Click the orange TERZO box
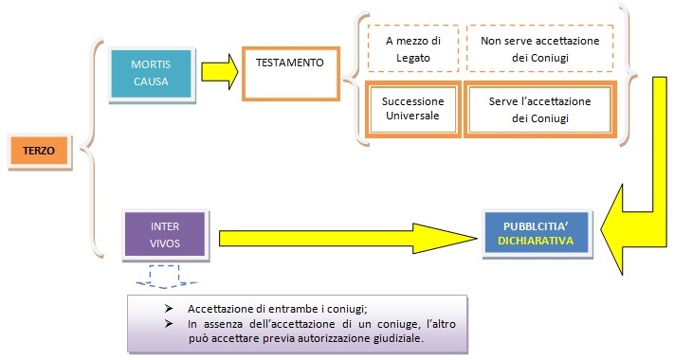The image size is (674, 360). click(39, 151)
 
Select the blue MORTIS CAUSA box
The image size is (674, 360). click(151, 74)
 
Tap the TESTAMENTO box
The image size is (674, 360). click(291, 74)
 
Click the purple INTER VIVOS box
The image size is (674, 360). click(165, 235)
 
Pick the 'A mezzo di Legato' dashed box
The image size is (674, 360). click(413, 48)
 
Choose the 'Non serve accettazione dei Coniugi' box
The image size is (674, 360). click(540, 48)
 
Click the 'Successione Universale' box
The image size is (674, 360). click(412, 109)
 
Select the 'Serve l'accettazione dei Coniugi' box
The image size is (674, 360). click(540, 109)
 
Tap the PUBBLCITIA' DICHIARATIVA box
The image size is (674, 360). click(536, 233)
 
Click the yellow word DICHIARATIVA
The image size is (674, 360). click(536, 241)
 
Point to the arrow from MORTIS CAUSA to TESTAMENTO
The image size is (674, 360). click(220, 72)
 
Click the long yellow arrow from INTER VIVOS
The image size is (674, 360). click(348, 239)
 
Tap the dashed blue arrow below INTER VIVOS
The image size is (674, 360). click(166, 277)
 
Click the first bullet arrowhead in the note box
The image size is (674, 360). click(169, 309)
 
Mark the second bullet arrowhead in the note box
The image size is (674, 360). click(169, 323)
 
